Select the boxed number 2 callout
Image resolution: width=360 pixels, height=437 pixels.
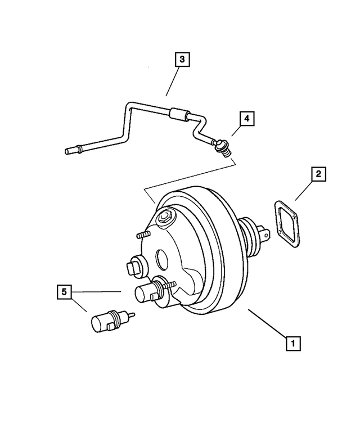[318, 175]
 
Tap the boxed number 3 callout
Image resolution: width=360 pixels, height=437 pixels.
[182, 58]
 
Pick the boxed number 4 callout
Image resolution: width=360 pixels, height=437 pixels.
[246, 119]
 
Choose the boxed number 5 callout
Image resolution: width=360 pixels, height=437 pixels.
[64, 292]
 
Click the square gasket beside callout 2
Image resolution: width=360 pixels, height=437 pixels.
[285, 223]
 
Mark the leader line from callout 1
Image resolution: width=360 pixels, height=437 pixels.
[268, 323]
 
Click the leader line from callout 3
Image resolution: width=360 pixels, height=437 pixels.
[172, 81]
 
